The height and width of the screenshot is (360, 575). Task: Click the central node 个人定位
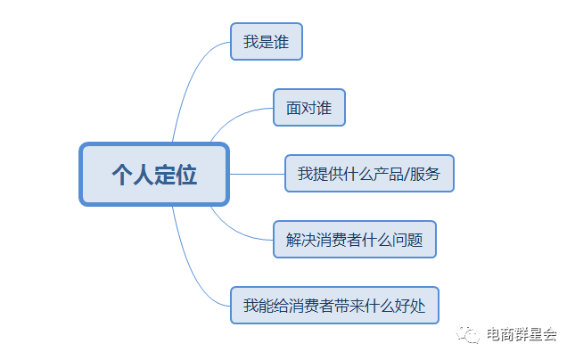(x=154, y=174)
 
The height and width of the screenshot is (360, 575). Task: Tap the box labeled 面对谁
(x=308, y=108)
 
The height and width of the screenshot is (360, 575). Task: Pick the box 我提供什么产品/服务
(x=369, y=174)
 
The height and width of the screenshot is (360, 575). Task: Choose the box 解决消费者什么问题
(x=354, y=240)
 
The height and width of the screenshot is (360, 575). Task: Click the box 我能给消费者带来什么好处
(x=334, y=306)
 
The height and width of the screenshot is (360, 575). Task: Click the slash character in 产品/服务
(x=407, y=174)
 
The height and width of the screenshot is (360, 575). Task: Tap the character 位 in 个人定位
(x=186, y=174)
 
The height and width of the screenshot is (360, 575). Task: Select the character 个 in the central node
(x=122, y=174)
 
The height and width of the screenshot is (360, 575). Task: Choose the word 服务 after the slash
(x=425, y=174)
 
